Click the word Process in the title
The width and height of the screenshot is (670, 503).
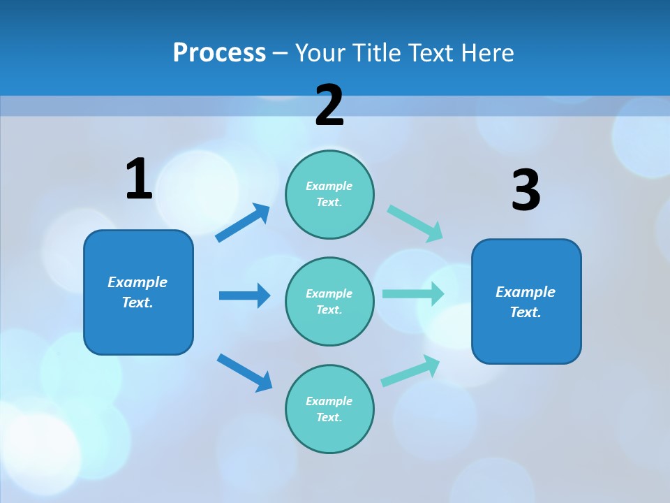[x=219, y=53]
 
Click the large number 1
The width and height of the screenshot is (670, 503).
[x=139, y=180]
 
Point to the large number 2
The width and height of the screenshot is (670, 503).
[x=329, y=105]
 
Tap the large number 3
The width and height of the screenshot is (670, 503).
[x=526, y=191]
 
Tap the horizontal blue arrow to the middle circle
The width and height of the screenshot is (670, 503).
[x=244, y=296]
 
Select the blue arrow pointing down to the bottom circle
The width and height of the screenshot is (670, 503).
[x=244, y=372]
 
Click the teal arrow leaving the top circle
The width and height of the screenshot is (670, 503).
[x=415, y=224]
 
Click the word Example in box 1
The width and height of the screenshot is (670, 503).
[x=137, y=282]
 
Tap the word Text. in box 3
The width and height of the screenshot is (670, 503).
[x=526, y=312]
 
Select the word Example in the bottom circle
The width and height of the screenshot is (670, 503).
[x=329, y=401]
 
